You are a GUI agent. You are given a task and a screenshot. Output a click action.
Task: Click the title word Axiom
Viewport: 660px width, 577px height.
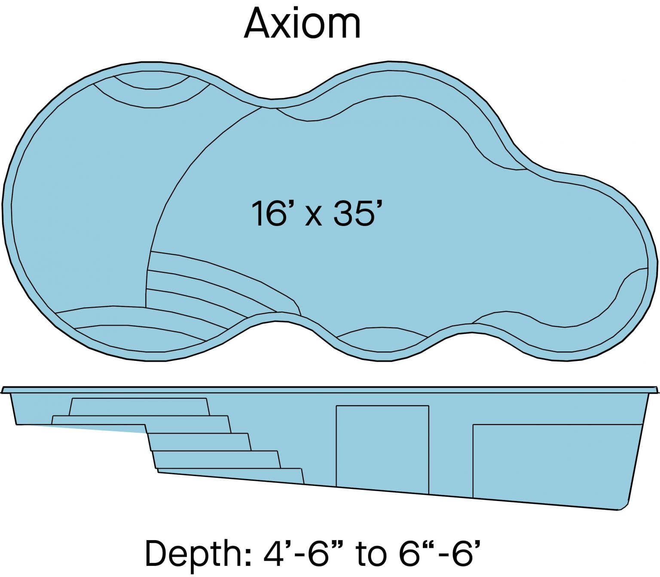pyautogui.click(x=302, y=24)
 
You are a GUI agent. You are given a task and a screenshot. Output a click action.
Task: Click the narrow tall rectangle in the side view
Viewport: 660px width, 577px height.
pyautogui.click(x=382, y=449)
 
